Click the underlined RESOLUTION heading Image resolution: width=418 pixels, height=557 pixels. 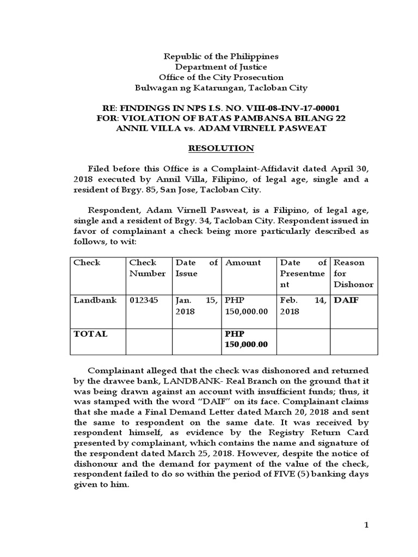point(221,148)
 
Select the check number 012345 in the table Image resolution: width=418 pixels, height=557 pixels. point(144,300)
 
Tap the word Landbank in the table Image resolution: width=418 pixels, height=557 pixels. point(95,300)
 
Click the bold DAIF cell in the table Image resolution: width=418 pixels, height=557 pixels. point(346,300)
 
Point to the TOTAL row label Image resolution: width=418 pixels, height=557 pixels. point(90,334)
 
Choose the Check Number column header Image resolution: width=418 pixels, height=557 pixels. point(147,268)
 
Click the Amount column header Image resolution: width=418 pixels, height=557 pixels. point(243,263)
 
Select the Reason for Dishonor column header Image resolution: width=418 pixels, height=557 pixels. point(353,274)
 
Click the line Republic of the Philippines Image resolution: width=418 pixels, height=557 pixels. point(221,57)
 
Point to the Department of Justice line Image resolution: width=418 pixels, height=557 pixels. point(221,67)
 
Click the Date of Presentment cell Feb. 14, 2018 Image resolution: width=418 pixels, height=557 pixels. point(303,306)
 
